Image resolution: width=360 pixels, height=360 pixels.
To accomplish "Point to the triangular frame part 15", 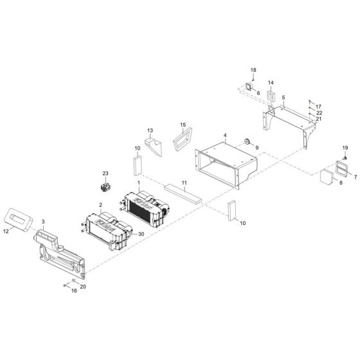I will click(x=185, y=137).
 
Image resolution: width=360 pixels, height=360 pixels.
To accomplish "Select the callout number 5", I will click(x=283, y=98).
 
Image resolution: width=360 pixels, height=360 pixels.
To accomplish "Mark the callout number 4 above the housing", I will click(x=225, y=136).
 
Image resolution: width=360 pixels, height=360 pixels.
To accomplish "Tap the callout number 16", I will click(x=73, y=291).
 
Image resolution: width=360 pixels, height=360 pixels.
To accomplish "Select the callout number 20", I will click(x=82, y=285).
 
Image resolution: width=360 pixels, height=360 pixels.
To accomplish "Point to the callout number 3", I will click(x=44, y=221).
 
